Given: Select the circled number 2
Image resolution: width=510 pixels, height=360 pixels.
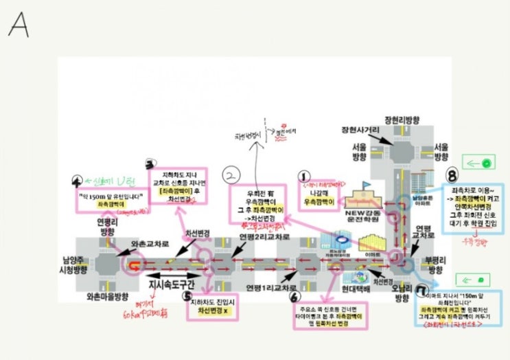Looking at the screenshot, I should point(233,175).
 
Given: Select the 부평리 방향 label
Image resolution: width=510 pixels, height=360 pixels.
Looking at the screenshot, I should point(434,265).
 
